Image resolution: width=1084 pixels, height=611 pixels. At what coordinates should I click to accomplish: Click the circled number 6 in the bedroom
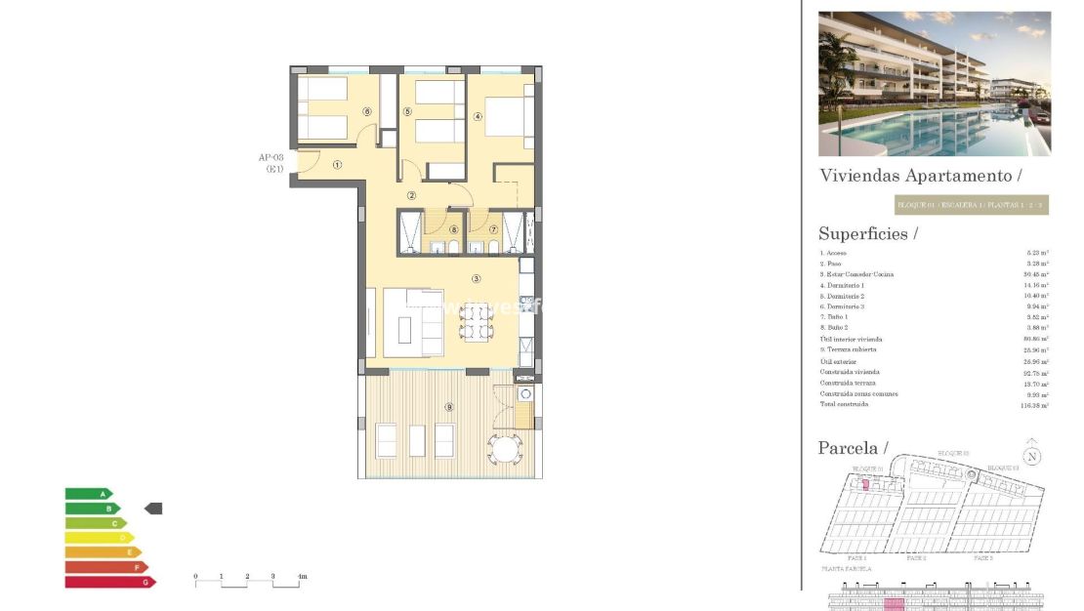pos(366,111)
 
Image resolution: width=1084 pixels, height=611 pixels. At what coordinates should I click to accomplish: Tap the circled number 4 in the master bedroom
pos(478,116)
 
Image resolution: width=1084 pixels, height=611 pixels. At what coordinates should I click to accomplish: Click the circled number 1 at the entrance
pos(337,165)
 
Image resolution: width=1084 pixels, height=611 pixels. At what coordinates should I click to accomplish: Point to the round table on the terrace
pos(506,449)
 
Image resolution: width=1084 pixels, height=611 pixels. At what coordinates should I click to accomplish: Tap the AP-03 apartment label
pos(271,157)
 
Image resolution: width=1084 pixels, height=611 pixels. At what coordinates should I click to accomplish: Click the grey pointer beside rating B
pos(153,509)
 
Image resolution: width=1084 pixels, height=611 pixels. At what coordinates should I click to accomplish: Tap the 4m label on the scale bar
pos(302,577)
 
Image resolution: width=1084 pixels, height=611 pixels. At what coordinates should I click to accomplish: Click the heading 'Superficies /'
pos(868,233)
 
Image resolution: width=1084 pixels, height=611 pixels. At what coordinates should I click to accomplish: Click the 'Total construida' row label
pos(844,404)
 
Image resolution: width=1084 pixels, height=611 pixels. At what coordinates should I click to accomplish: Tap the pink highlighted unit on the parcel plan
pos(864,484)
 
